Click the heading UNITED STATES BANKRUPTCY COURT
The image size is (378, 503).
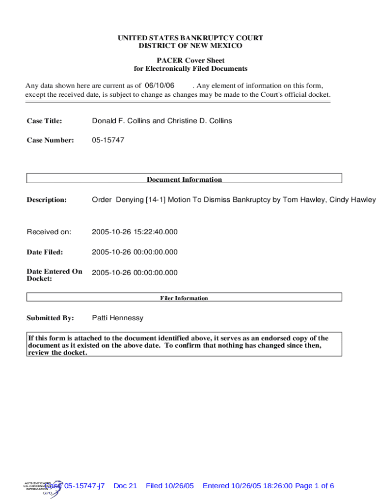click(x=190, y=38)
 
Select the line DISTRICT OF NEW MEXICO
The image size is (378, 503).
click(x=190, y=46)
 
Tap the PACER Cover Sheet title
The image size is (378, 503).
click(x=190, y=60)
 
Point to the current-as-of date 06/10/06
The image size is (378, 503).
click(x=159, y=85)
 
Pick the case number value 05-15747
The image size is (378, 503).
click(x=108, y=140)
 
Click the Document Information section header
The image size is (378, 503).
click(x=184, y=179)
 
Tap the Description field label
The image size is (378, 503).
click(x=47, y=200)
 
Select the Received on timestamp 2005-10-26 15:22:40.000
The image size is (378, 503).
click(x=135, y=232)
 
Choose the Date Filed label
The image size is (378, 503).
click(x=45, y=252)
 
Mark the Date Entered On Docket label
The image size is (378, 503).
click(x=54, y=275)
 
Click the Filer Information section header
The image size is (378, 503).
click(x=184, y=298)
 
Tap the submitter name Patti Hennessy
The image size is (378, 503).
click(x=118, y=318)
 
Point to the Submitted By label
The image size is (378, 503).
click(x=50, y=318)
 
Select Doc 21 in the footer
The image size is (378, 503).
click(x=125, y=486)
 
